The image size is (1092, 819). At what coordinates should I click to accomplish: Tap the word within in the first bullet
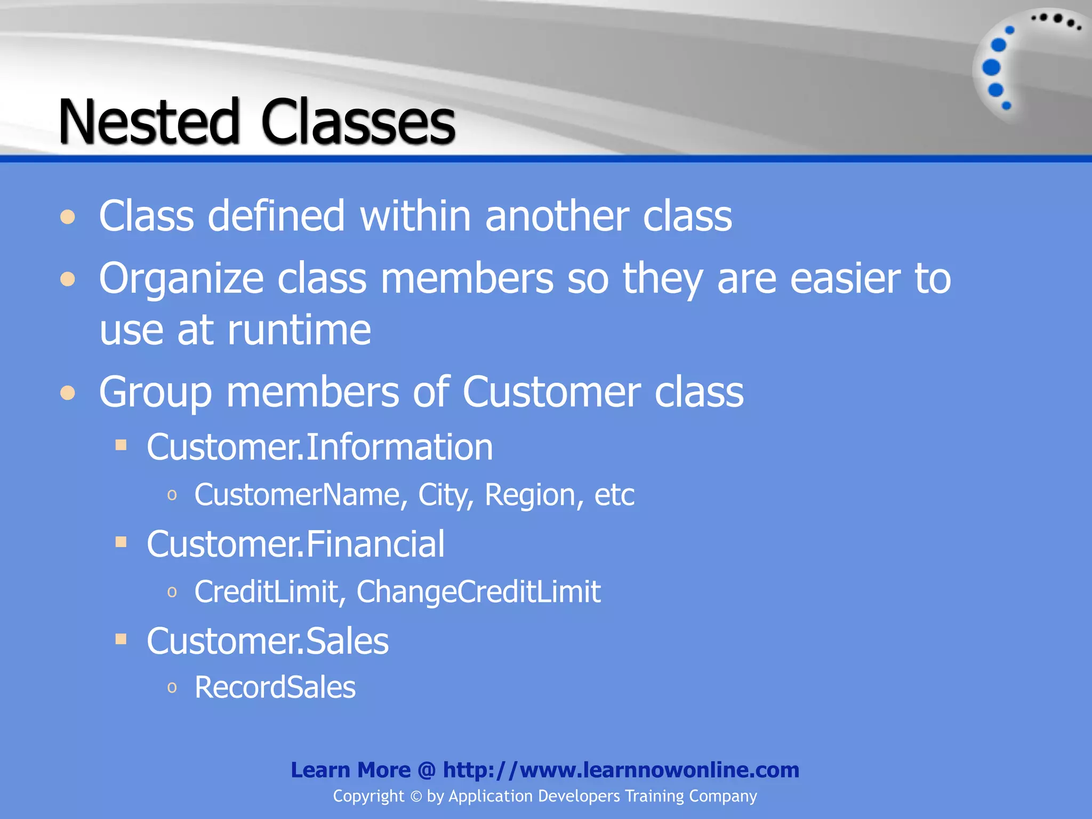[415, 216]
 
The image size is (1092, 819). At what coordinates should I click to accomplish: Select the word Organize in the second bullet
[181, 278]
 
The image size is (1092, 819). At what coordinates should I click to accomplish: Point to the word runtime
[299, 330]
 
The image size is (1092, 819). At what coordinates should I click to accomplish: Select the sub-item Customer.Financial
[295, 544]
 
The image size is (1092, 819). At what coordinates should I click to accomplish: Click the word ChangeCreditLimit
[478, 591]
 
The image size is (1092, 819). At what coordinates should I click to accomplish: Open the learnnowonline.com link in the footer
[621, 770]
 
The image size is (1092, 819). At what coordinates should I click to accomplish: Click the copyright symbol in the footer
[416, 797]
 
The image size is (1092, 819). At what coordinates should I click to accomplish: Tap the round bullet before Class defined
[68, 217]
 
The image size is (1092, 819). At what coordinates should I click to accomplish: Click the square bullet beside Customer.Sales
[121, 639]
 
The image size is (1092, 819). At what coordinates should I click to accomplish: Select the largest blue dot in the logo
[991, 68]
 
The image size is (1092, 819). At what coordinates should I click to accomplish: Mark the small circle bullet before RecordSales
[172, 687]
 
